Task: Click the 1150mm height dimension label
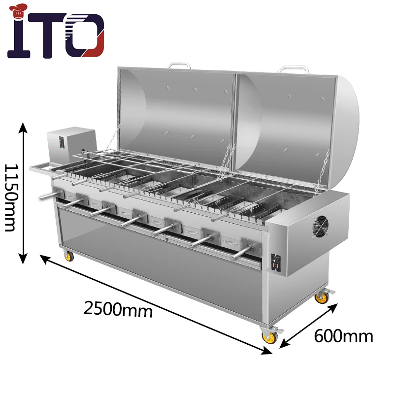(11, 197)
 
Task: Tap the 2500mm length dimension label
(118, 308)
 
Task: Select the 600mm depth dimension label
(343, 336)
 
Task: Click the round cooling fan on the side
(323, 227)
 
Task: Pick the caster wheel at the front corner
(269, 336)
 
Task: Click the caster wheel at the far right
(322, 296)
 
